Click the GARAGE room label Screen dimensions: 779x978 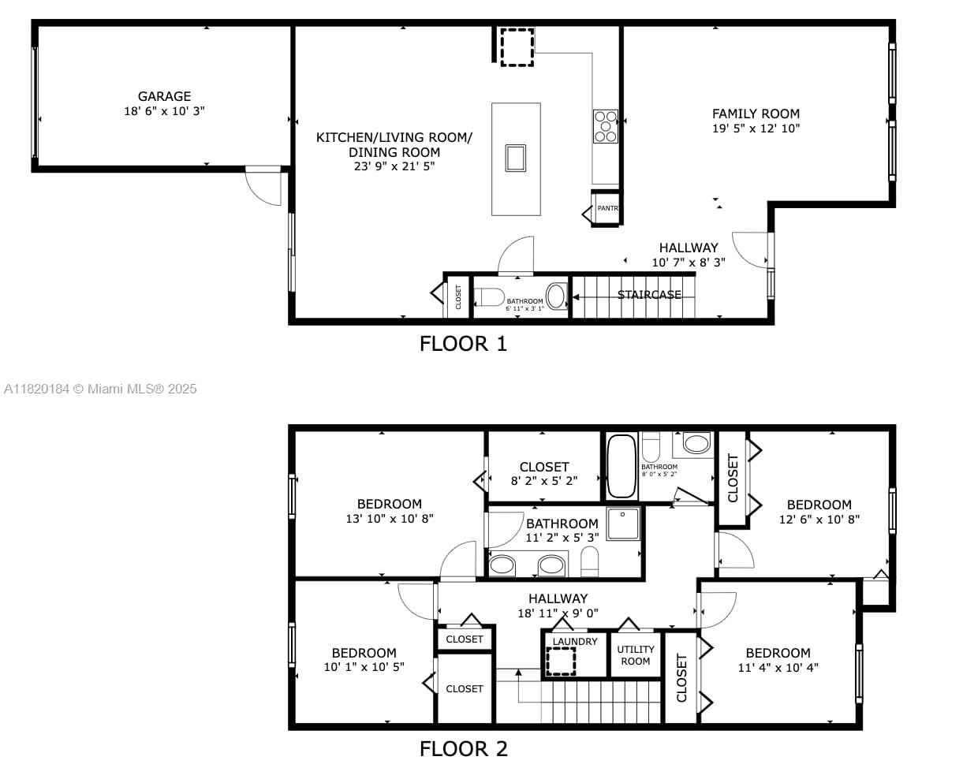pyautogui.click(x=164, y=97)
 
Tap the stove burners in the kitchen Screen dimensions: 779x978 pyautogui.click(x=606, y=126)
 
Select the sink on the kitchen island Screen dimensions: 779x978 pyautogui.click(x=516, y=158)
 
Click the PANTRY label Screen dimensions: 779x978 pyautogui.click(x=608, y=209)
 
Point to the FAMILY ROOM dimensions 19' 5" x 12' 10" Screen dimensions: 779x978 pyautogui.click(x=756, y=129)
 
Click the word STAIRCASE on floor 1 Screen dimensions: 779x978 pyautogui.click(x=649, y=295)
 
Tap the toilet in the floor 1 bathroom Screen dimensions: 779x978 pyautogui.click(x=490, y=297)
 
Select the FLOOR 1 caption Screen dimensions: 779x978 pyautogui.click(x=463, y=344)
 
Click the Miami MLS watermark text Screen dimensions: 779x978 pyautogui.click(x=100, y=389)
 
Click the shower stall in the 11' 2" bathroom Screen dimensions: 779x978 pyautogui.click(x=623, y=524)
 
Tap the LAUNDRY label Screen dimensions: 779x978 pyautogui.click(x=575, y=642)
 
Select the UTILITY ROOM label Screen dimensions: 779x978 pyautogui.click(x=636, y=655)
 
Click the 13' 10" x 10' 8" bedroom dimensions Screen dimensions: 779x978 pyautogui.click(x=390, y=519)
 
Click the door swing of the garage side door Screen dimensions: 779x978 pyautogui.click(x=264, y=187)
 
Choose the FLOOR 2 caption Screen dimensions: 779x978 pyautogui.click(x=463, y=749)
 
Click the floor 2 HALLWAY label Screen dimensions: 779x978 pyautogui.click(x=558, y=598)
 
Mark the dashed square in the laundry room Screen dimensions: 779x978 pyautogui.click(x=561, y=662)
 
